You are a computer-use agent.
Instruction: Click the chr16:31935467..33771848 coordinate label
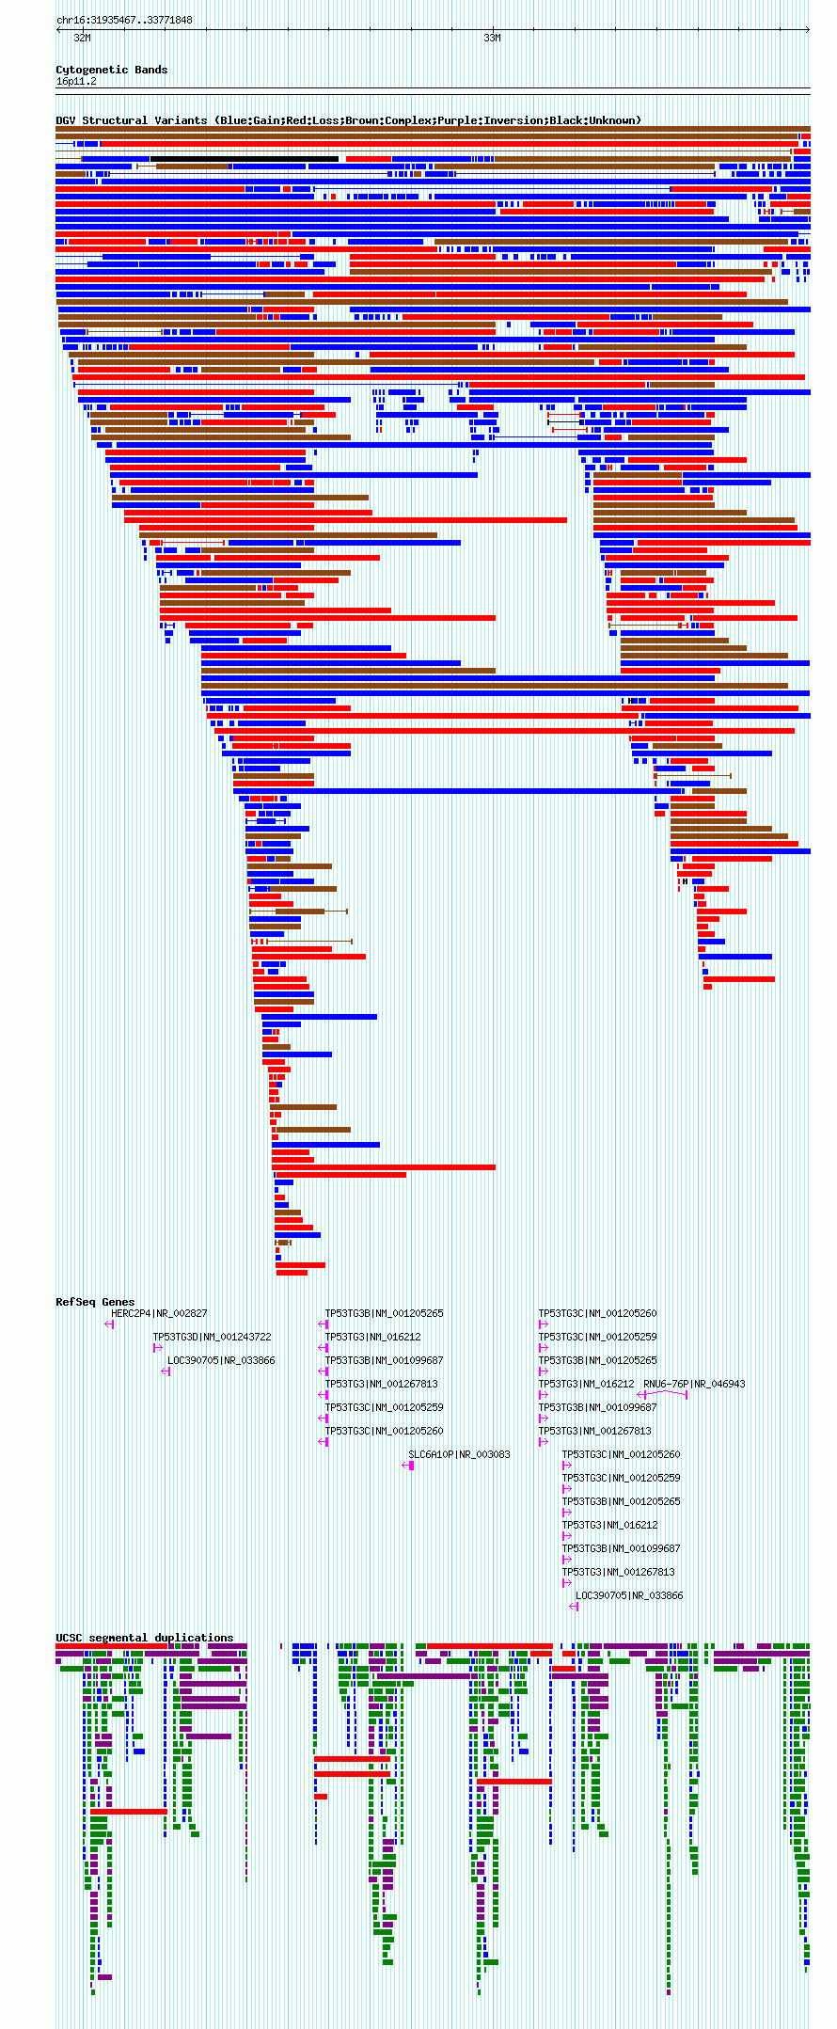click(124, 20)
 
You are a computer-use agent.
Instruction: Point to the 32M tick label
click(83, 38)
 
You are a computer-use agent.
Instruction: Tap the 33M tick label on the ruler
click(492, 38)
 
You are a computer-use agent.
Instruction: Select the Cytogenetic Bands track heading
click(111, 70)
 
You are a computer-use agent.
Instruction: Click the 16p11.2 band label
click(76, 81)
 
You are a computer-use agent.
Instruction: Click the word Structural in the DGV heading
click(116, 120)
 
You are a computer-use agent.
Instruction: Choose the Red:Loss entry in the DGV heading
click(309, 120)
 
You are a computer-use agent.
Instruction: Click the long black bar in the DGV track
click(245, 159)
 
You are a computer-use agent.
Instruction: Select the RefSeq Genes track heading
click(95, 1302)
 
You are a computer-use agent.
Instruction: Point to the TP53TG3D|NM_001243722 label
click(212, 1337)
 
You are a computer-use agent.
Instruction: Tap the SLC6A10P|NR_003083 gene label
click(459, 1454)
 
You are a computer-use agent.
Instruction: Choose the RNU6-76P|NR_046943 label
click(694, 1384)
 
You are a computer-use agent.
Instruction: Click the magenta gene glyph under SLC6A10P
click(409, 1466)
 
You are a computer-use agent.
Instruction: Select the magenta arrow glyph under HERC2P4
click(110, 1324)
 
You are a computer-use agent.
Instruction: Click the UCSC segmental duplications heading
click(144, 1638)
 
